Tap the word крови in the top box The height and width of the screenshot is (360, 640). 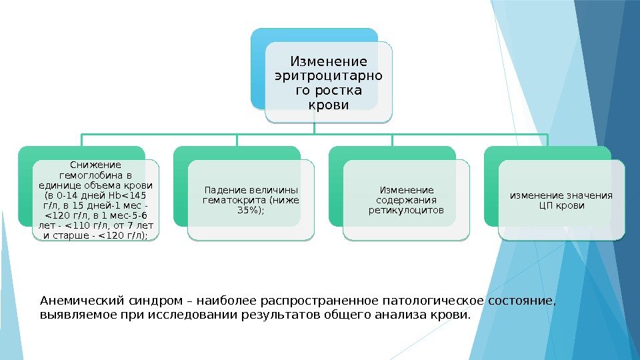coord(329,105)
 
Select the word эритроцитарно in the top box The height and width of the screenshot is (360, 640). coord(329,76)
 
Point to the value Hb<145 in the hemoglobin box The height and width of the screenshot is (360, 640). coord(130,195)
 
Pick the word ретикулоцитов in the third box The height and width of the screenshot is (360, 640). coord(406,211)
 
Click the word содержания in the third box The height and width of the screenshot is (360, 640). coord(406,200)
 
